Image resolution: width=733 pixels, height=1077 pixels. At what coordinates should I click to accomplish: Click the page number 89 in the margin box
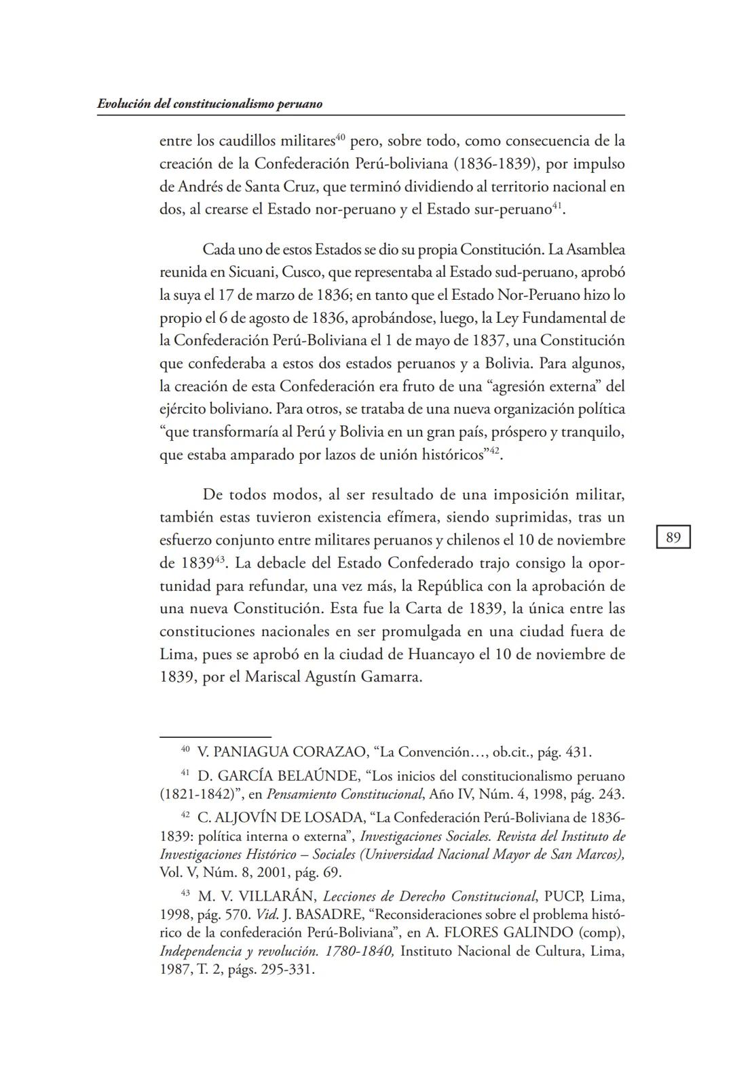click(x=673, y=538)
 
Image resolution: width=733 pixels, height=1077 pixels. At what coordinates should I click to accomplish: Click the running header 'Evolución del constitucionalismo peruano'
click(x=209, y=104)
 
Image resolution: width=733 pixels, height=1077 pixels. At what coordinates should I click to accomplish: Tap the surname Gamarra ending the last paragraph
click(x=390, y=678)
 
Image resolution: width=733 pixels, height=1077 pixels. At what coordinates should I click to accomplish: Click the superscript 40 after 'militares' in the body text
click(x=341, y=138)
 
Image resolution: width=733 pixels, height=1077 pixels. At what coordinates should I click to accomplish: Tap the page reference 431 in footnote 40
click(x=578, y=752)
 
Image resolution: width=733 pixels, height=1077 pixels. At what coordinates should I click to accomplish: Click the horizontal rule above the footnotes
click(x=215, y=737)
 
